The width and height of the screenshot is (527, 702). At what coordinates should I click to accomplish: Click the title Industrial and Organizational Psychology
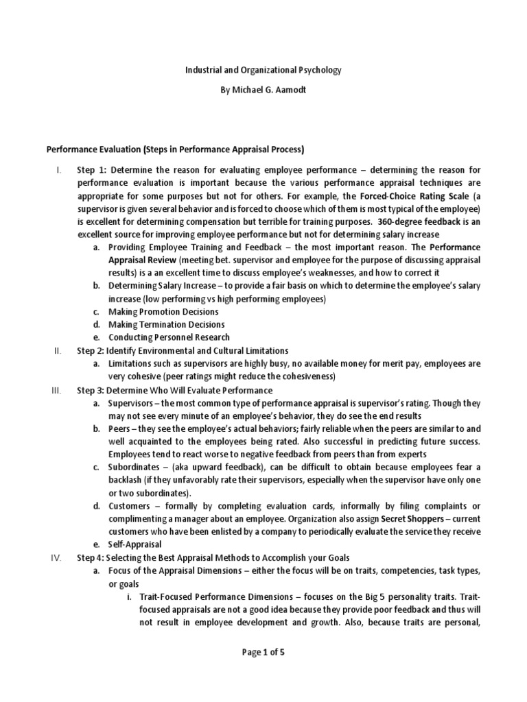click(x=263, y=69)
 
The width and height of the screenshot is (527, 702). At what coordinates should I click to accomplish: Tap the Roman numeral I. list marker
click(x=59, y=169)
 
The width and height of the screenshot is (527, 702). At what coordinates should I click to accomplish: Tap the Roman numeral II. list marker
click(x=58, y=350)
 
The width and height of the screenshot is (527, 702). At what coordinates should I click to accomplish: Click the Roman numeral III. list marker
click(x=57, y=389)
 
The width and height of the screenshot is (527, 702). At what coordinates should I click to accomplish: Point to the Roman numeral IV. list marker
click(x=57, y=557)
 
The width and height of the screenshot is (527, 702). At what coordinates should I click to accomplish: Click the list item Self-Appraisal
click(x=134, y=545)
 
